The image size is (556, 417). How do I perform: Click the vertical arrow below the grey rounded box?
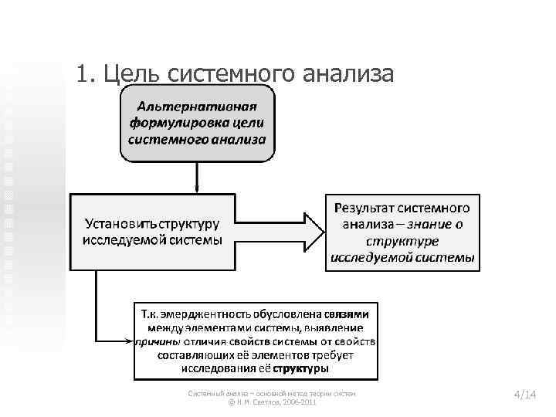point(197,176)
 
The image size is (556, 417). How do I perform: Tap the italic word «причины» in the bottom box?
point(159,342)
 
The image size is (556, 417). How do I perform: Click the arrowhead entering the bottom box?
point(130,341)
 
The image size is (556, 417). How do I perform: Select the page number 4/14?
point(524,395)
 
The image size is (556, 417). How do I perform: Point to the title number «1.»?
point(85,74)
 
